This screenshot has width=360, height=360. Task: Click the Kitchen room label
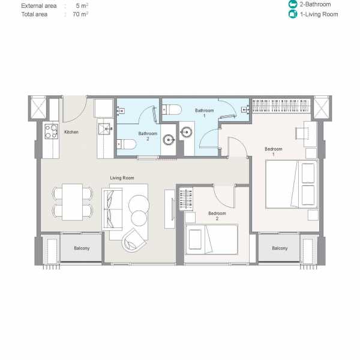(x=71, y=132)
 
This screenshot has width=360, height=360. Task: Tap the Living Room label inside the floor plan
(x=121, y=178)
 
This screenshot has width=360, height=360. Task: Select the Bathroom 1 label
(x=204, y=113)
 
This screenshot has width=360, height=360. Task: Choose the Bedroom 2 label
(x=217, y=216)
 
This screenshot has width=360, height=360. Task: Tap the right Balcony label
(x=279, y=248)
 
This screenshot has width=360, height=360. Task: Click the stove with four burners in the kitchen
(x=51, y=131)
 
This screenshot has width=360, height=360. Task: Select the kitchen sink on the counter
(x=105, y=128)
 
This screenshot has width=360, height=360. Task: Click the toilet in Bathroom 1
(x=172, y=109)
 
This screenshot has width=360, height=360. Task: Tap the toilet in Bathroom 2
(x=122, y=143)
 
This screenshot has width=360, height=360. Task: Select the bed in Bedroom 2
(x=211, y=239)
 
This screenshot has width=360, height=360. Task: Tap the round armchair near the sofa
(x=135, y=241)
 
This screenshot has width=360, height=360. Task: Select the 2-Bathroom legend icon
(x=292, y=4)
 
